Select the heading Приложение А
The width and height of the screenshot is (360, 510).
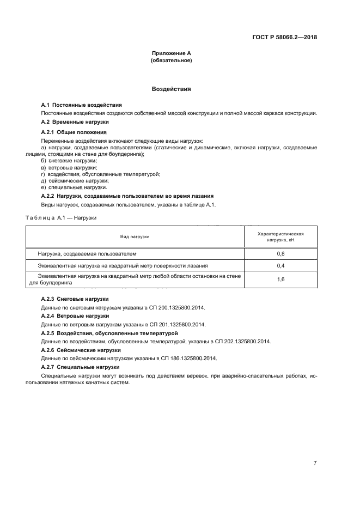point(171,53)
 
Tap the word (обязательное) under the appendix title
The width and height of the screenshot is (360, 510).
point(171,60)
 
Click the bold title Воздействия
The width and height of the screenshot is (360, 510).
point(171,88)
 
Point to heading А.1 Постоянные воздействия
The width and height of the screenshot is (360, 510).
point(81,105)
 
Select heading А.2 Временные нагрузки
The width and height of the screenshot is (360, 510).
point(75,122)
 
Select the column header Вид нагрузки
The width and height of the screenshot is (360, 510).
point(135,236)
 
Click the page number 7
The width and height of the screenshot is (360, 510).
point(315,448)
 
